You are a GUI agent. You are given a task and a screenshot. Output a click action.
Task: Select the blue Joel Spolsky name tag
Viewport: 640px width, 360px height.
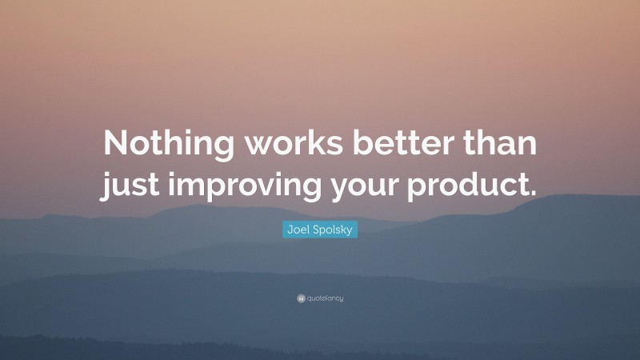319,230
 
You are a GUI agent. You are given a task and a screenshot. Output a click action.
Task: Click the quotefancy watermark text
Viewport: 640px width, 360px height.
324,298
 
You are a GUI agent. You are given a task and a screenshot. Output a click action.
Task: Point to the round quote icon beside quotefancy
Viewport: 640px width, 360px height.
299,298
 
